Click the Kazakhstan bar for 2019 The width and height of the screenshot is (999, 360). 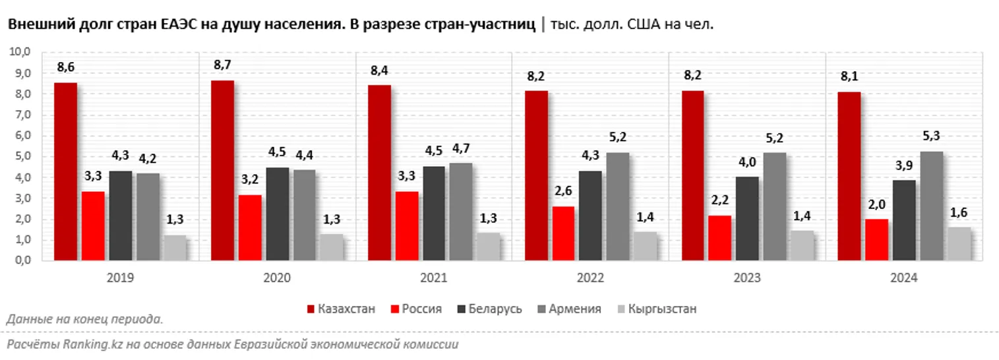coord(65,171)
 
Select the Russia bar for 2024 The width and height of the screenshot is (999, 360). coord(876,239)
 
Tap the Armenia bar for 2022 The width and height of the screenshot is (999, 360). coord(618,206)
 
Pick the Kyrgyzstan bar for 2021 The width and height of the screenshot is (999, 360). coord(489,247)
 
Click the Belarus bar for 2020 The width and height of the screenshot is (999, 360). coord(277,214)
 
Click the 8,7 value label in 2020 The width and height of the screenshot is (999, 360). coord(222,65)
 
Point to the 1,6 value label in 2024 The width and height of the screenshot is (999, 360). coord(959,212)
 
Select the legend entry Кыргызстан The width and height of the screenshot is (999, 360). coord(662,309)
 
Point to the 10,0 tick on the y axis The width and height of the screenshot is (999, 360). coord(22,52)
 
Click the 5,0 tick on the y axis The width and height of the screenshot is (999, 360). coord(24,157)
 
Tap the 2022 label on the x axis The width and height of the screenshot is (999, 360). coord(590,279)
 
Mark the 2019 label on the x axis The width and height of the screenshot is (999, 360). coord(120,279)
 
